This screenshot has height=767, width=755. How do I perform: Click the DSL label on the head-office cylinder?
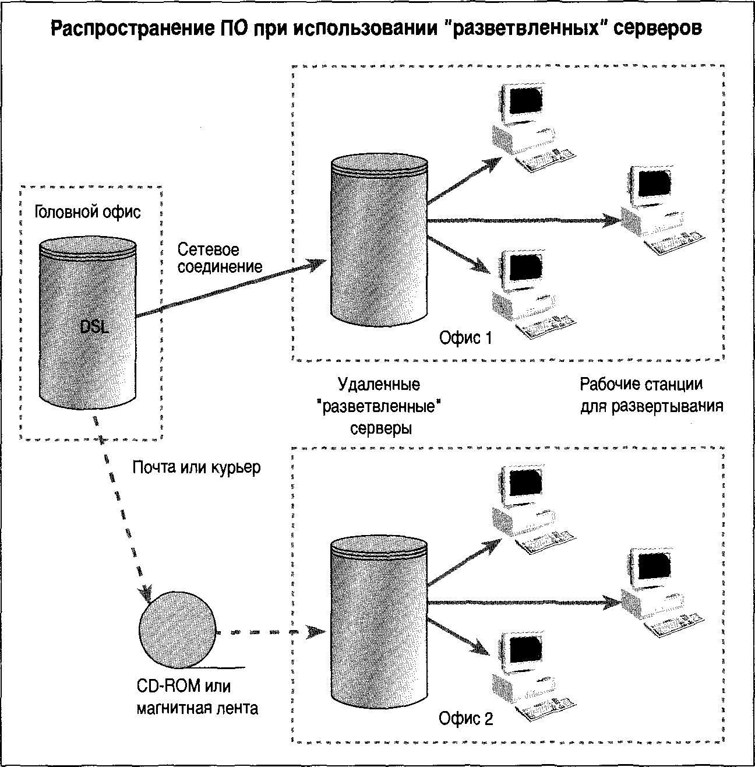(94, 327)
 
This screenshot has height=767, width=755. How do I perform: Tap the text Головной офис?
(87, 212)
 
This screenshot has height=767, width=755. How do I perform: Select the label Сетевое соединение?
(220, 258)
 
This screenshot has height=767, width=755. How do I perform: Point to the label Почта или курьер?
(196, 467)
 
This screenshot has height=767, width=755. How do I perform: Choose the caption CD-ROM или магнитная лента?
(197, 697)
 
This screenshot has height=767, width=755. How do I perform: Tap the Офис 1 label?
(465, 338)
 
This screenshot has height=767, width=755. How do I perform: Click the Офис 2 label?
(465, 719)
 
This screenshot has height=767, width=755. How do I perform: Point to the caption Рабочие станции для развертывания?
(651, 395)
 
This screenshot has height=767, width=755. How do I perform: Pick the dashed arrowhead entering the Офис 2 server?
(316, 632)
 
